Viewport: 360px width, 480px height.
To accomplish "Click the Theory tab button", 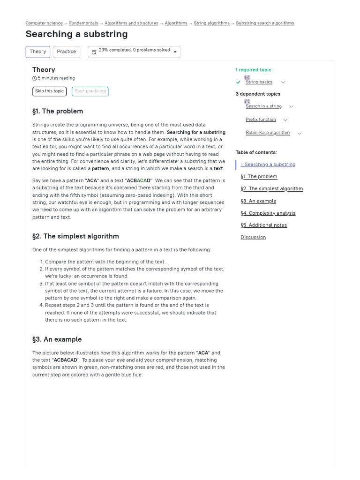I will (x=37, y=52).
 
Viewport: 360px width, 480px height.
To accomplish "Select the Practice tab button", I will (x=66, y=52).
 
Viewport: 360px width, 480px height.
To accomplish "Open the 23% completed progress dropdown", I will (x=134, y=52).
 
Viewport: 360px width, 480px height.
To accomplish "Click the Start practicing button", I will (x=90, y=91).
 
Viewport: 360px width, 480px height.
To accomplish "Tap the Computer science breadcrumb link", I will (x=44, y=23).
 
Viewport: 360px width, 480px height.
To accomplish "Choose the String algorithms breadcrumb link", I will (x=211, y=23).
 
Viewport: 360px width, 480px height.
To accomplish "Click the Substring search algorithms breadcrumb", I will (x=265, y=23).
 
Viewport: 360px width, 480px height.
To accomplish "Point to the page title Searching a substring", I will (x=76, y=34).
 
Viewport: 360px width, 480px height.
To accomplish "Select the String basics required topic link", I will (x=259, y=82).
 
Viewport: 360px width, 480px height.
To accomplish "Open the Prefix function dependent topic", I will (x=261, y=120).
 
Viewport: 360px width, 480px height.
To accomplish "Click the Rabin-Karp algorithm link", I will (x=268, y=133).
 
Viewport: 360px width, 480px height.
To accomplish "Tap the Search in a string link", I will (x=263, y=106).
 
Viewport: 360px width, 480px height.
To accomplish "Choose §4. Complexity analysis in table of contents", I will (x=268, y=213).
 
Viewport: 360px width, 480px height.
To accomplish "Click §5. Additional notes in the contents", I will (x=263, y=225).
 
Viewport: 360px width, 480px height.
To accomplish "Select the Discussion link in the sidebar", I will (x=253, y=237).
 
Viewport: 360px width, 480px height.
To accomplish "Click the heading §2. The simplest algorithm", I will (x=75, y=236).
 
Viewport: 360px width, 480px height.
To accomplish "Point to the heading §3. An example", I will (x=57, y=339).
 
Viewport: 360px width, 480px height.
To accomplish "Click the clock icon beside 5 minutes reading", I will (x=35, y=78).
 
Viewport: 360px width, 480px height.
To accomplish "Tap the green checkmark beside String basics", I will (x=239, y=82).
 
